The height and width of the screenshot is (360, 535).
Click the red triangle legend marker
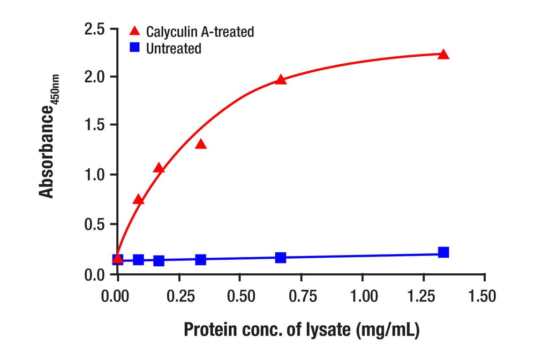click(x=135, y=31)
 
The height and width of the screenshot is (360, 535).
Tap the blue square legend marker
click(x=135, y=48)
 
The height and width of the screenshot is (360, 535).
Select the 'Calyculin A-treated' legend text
click(x=200, y=32)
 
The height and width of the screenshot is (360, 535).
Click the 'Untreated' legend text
click(x=173, y=48)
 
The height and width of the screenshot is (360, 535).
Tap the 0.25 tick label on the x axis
click(x=179, y=296)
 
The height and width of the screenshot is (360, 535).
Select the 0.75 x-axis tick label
click(x=301, y=296)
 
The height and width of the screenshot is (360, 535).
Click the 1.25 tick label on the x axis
click(x=424, y=296)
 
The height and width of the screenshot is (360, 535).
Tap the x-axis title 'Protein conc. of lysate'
click(x=301, y=330)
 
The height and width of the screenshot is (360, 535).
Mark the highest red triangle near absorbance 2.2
click(x=443, y=55)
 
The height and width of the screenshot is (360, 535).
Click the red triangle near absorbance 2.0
click(x=280, y=80)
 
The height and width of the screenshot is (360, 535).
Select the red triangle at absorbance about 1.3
click(x=201, y=144)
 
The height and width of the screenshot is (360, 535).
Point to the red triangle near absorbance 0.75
click(x=138, y=200)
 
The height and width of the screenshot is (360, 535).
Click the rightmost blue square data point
click(x=443, y=253)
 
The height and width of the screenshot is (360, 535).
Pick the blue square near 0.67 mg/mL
click(x=280, y=257)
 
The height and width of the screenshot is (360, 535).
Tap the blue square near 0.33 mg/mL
click(x=201, y=259)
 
